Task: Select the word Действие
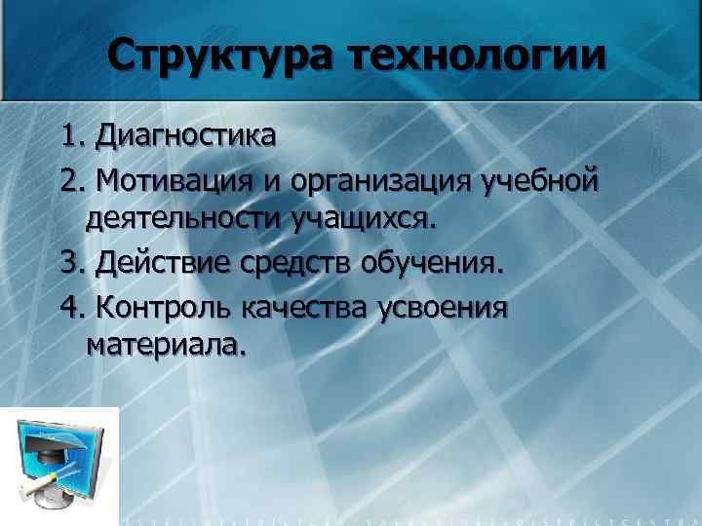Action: click(161, 264)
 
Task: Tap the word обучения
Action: click(435, 264)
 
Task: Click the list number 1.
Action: click(71, 135)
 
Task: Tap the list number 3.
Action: click(71, 264)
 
